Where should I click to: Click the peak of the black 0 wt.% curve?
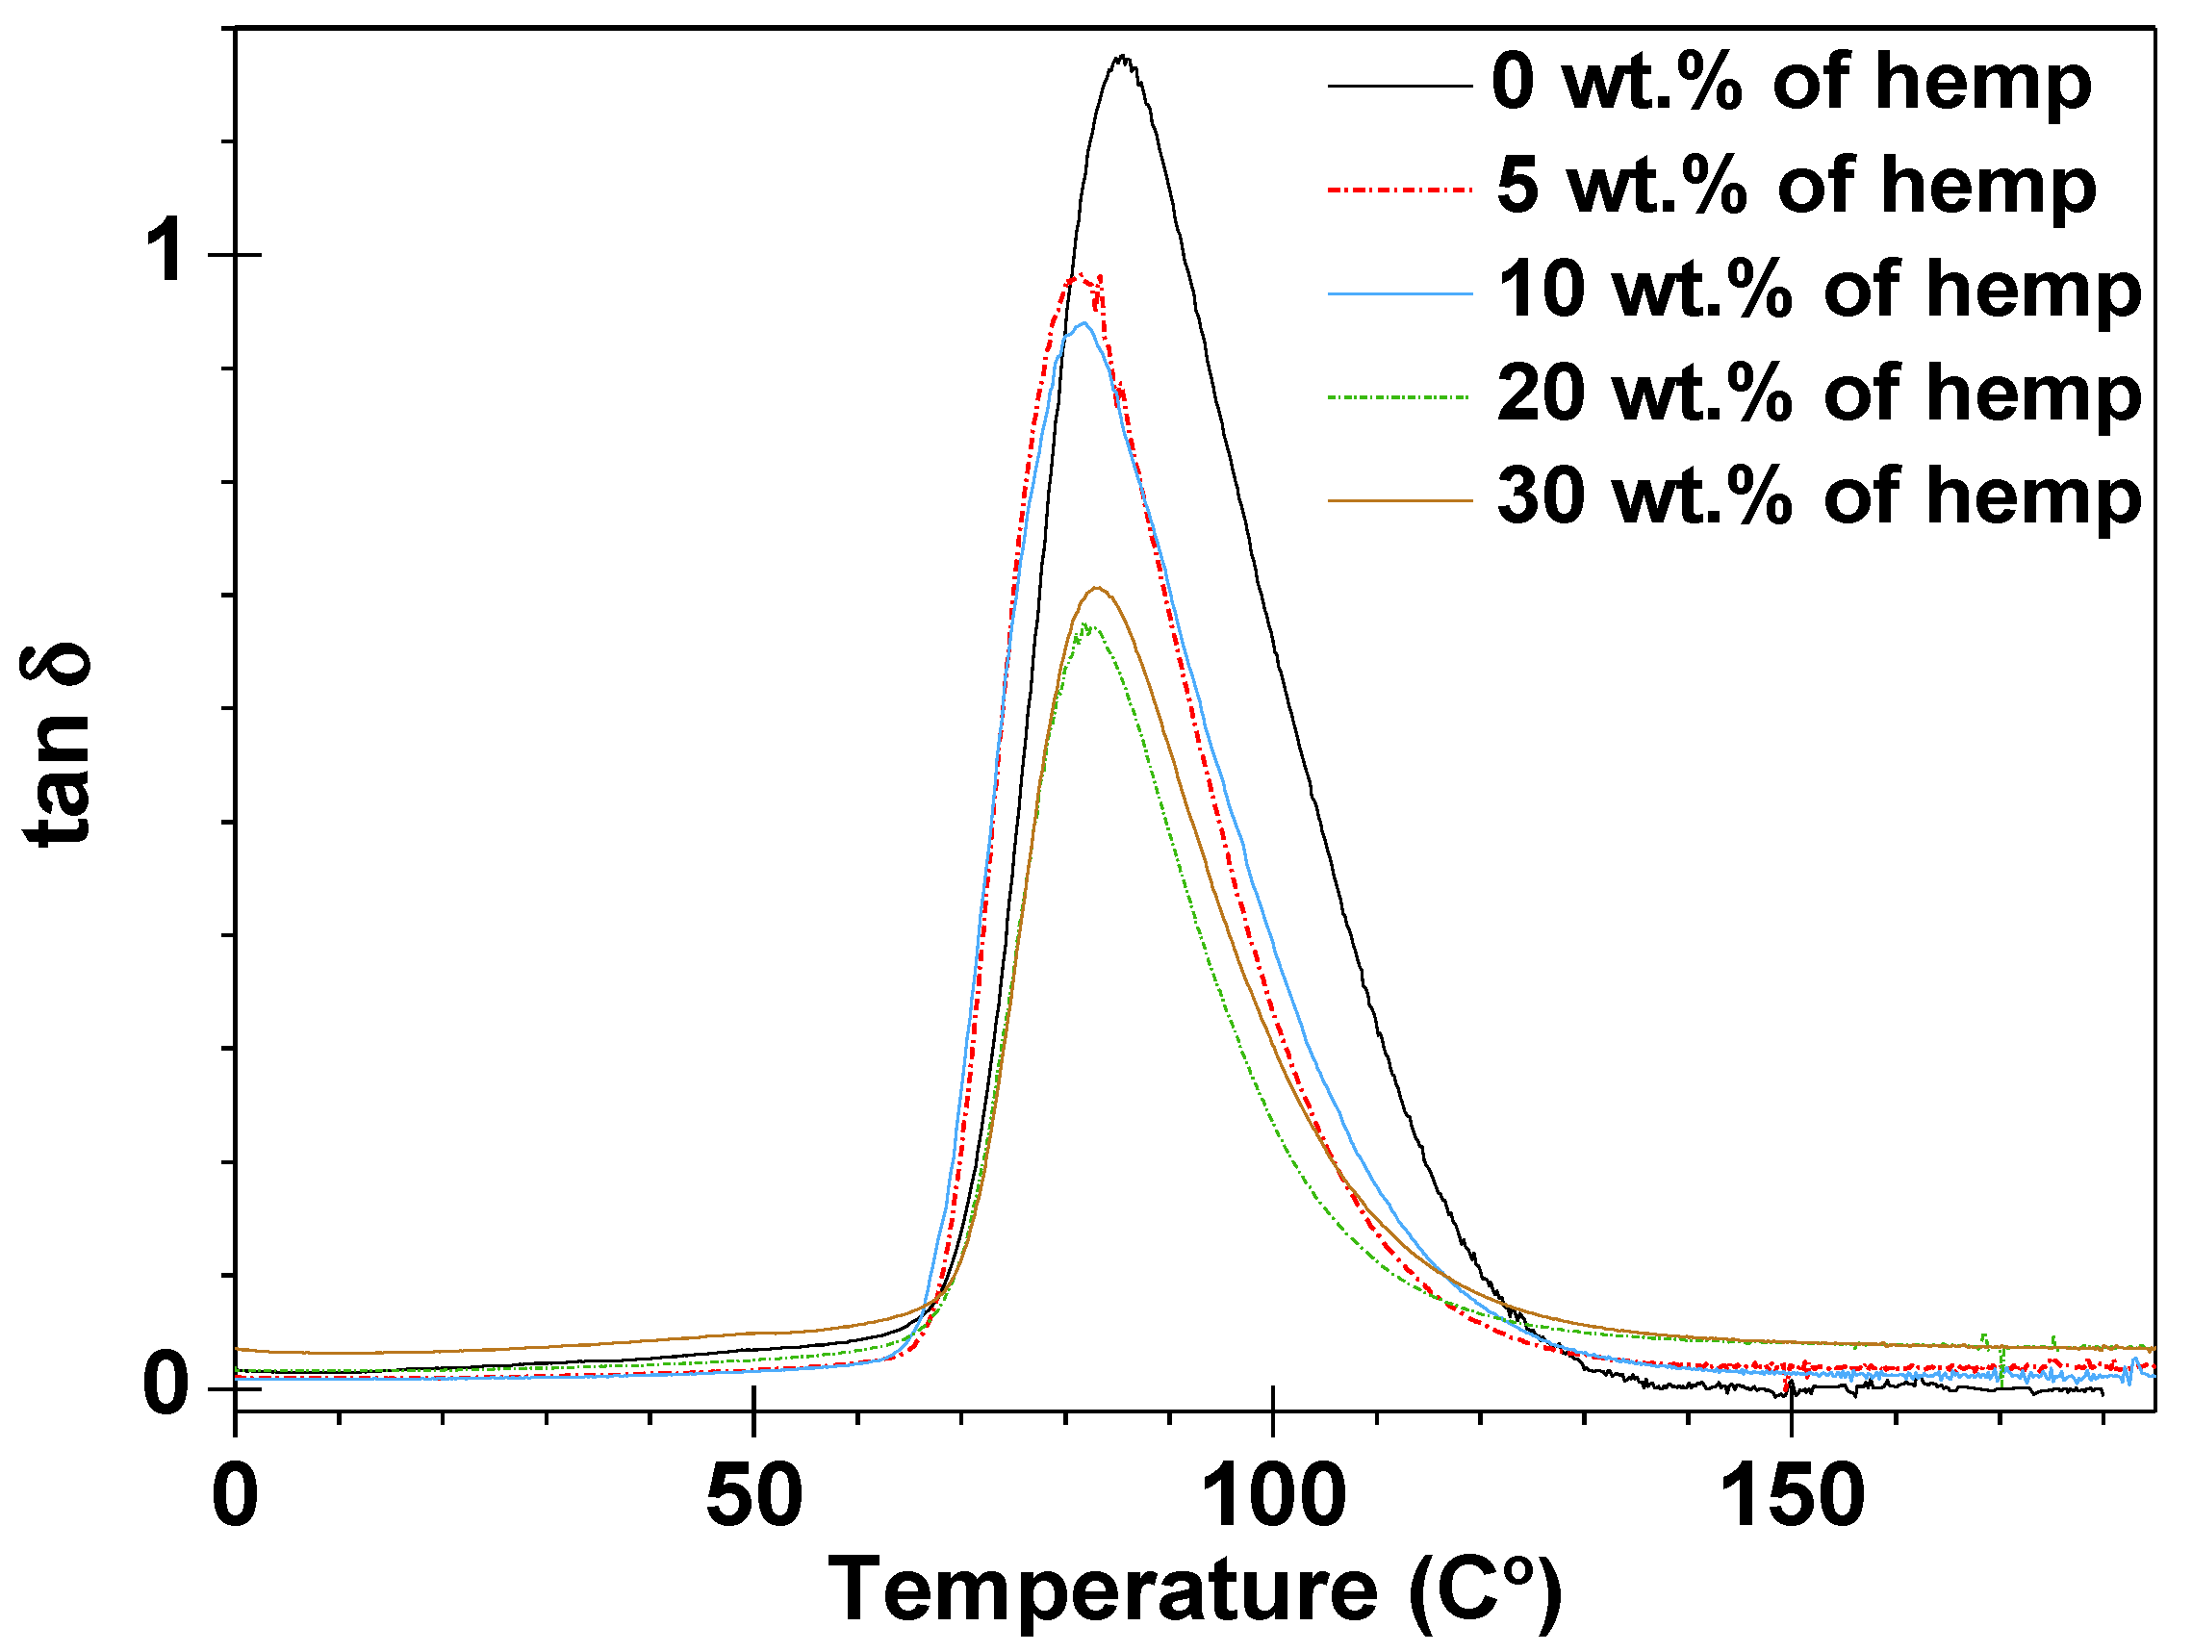(x=1123, y=58)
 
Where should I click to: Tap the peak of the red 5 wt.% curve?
(x=1081, y=276)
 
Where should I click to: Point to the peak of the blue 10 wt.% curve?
(x=1084, y=324)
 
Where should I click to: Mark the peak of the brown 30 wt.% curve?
(x=1096, y=589)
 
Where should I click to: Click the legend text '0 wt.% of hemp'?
(x=1791, y=84)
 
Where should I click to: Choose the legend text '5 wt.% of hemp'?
(x=1796, y=187)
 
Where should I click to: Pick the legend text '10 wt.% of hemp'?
(x=1819, y=291)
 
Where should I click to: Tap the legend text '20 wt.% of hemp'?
(x=1819, y=394)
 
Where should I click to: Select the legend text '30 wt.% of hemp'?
(x=1819, y=497)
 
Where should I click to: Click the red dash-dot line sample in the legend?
(x=1399, y=189)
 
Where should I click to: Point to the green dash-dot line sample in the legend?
(x=1399, y=396)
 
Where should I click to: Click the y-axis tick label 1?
(x=165, y=254)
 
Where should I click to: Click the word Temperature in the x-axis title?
(x=1100, y=1591)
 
